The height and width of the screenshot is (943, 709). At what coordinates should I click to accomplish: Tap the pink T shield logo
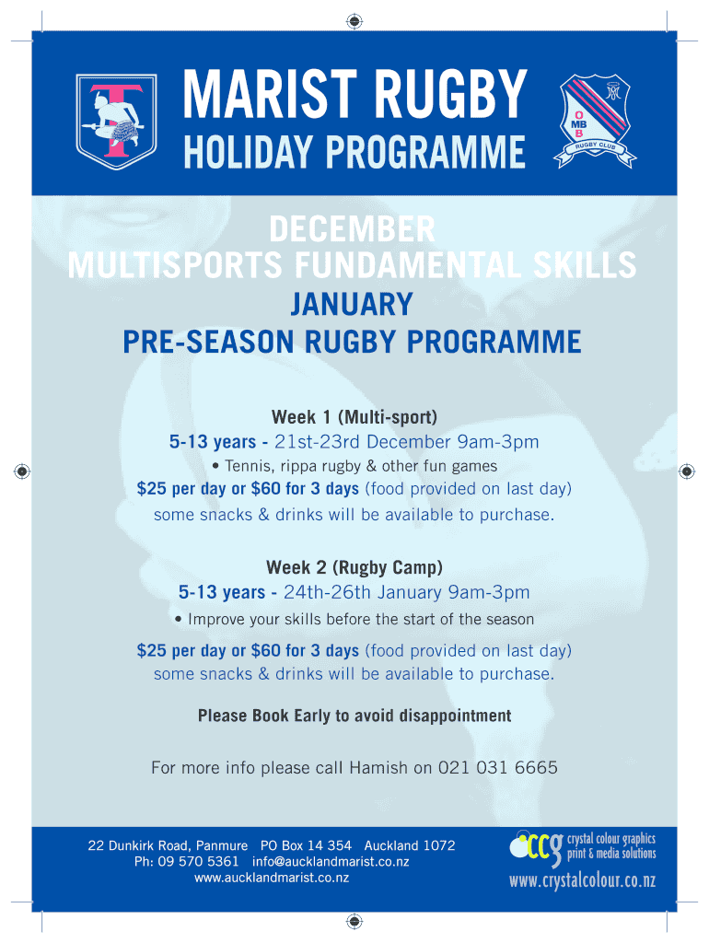click(x=116, y=122)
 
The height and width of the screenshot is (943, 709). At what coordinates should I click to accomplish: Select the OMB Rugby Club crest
click(x=595, y=122)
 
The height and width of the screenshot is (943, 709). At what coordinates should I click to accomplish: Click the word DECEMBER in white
click(x=352, y=229)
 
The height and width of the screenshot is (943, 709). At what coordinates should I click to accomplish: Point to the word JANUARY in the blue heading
click(x=352, y=304)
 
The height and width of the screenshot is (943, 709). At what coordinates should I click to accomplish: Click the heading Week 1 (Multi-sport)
click(x=354, y=417)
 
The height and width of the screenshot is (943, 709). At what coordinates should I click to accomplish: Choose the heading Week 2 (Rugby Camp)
click(x=354, y=567)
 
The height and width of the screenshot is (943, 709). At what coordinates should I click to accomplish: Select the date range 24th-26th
click(x=327, y=592)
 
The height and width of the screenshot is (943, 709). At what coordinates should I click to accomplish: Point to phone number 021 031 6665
click(x=497, y=767)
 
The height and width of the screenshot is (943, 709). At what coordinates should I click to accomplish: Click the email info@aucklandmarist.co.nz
click(x=331, y=861)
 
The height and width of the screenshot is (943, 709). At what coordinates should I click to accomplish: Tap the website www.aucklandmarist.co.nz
click(x=272, y=878)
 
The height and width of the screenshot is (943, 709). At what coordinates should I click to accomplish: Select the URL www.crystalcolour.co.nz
click(x=582, y=880)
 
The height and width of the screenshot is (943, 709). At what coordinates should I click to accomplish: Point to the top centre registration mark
click(x=354, y=22)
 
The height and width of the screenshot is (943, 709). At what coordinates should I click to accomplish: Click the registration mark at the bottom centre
click(x=354, y=921)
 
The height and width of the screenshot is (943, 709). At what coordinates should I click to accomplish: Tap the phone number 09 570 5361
click(x=198, y=861)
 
